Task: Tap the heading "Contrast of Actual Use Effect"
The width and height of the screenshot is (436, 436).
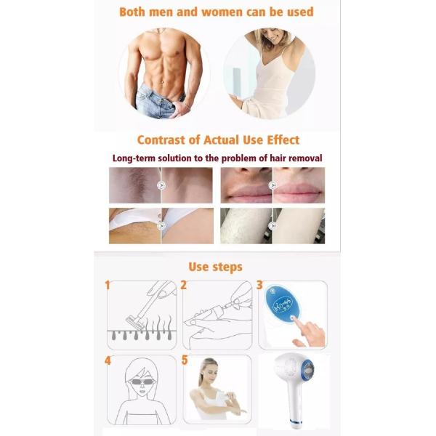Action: (x=218, y=140)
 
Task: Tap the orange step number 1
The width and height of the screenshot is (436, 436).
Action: (x=108, y=285)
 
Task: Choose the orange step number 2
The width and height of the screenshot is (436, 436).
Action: (x=183, y=285)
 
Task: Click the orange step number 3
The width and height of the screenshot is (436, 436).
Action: (x=259, y=285)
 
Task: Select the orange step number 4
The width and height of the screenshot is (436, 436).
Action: (x=108, y=359)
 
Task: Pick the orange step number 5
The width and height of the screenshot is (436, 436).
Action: (x=183, y=359)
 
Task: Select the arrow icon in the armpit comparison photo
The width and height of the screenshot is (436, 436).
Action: (x=161, y=185)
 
